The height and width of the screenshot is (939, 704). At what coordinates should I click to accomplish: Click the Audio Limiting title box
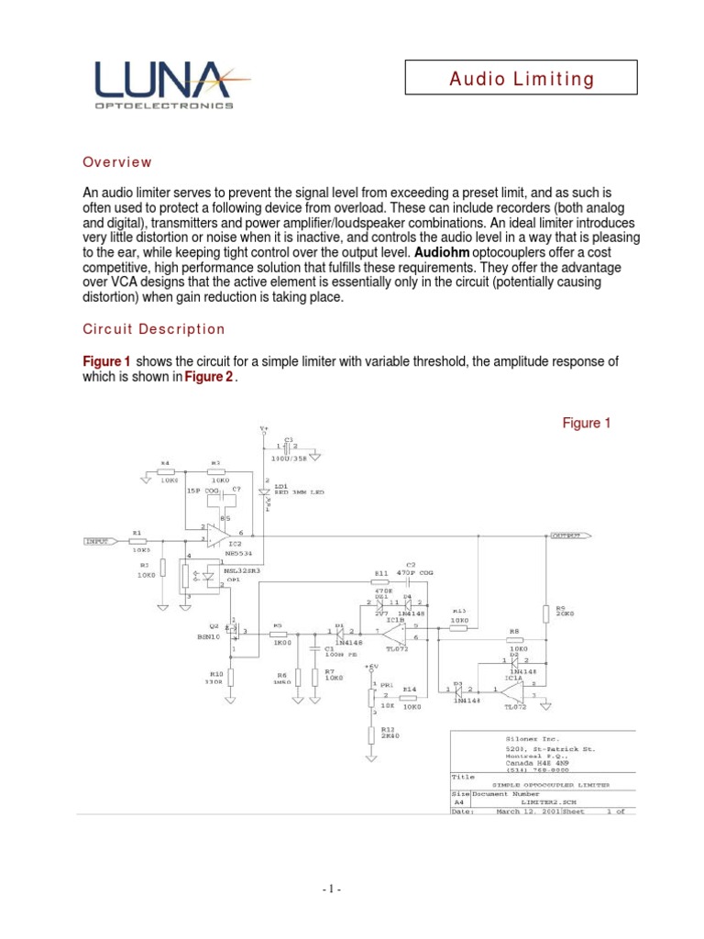click(521, 78)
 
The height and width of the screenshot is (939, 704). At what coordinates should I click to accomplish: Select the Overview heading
click(117, 162)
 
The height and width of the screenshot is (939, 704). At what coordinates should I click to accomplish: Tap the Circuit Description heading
click(153, 329)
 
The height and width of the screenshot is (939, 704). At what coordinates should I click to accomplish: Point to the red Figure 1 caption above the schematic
click(586, 423)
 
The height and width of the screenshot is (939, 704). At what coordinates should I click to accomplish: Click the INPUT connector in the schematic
click(98, 541)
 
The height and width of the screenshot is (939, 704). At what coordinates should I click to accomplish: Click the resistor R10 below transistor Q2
click(231, 678)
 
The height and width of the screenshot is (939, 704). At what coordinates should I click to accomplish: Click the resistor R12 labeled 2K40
click(370, 735)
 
